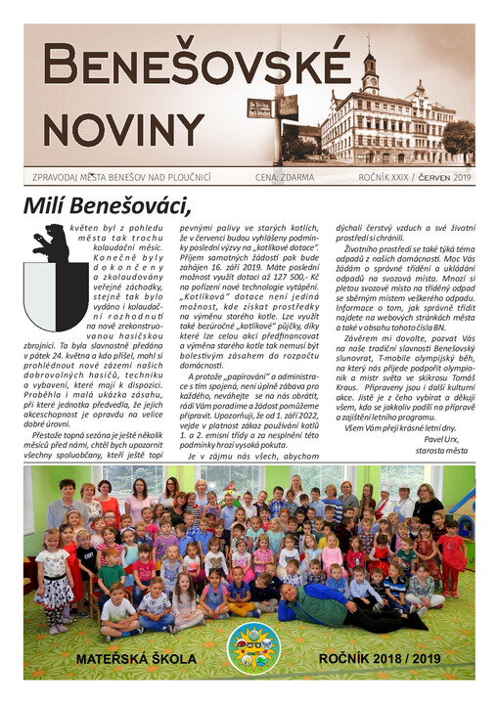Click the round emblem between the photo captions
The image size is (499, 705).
[252, 647]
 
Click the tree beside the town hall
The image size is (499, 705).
[458, 137]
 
